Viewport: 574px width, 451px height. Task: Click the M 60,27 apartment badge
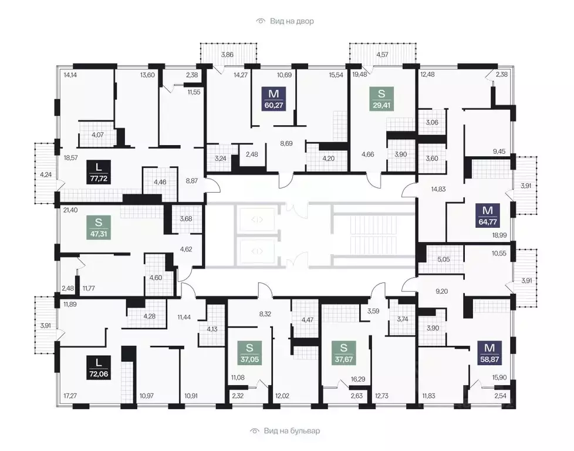tap(274, 99)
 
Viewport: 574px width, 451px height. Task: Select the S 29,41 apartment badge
tap(381, 99)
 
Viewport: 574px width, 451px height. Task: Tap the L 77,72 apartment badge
tap(99, 172)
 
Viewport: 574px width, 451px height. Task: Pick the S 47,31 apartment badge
tap(99, 227)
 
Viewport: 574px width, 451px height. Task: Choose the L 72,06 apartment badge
tap(99, 368)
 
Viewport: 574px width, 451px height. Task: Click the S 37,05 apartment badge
tap(249, 353)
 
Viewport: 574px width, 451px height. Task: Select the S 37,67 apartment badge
tap(343, 353)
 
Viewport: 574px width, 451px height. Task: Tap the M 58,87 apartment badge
tap(489, 353)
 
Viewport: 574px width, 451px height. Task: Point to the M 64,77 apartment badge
tap(488, 216)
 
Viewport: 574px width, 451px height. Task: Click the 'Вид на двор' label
tap(292, 21)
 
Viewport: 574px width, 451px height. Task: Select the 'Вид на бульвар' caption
tap(292, 431)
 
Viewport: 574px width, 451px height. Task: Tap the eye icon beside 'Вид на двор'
tap(260, 21)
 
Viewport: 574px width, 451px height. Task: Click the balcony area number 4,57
tap(382, 55)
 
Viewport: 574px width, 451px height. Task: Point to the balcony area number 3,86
tap(227, 55)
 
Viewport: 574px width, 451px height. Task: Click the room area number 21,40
tap(70, 210)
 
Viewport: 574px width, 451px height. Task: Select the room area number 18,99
tap(499, 235)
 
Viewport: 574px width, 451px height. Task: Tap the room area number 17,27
tap(70, 396)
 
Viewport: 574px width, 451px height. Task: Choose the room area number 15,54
tap(336, 75)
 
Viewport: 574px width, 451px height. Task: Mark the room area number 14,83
tap(438, 189)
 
